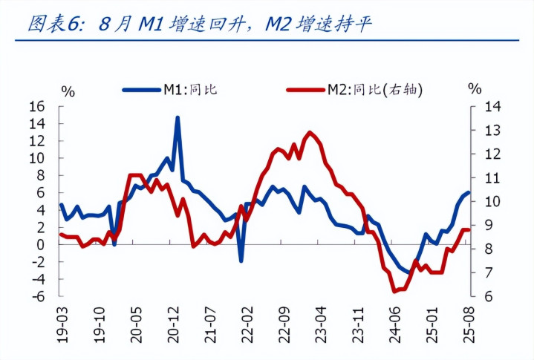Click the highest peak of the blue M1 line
pos(178,117)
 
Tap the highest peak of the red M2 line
pos(309,132)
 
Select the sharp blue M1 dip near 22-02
pos(241,261)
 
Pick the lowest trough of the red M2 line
pos(395,292)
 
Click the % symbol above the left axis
pos(68,91)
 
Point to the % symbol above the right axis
pos(475,89)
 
